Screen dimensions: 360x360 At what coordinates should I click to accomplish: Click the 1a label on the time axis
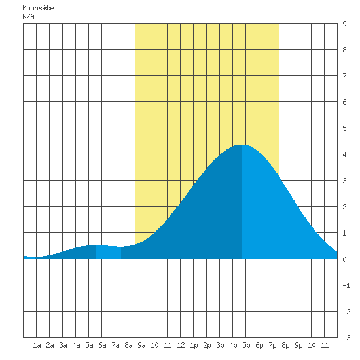tap(37, 345)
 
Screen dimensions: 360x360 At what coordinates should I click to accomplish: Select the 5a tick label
tap(89, 345)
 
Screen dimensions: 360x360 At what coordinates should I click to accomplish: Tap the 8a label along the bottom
tap(128, 345)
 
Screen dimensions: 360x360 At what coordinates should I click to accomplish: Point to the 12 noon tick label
tap(181, 345)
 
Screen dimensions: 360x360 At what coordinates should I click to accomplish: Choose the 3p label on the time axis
tap(220, 345)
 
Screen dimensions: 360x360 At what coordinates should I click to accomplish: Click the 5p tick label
tap(246, 345)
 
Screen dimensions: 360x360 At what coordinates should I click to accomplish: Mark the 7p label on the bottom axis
tap(272, 345)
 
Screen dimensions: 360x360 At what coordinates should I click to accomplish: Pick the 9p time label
tap(298, 345)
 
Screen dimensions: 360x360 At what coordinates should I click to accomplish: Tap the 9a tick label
tap(141, 345)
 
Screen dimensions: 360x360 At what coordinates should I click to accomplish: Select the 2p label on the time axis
tap(207, 345)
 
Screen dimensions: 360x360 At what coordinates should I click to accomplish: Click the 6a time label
tap(102, 345)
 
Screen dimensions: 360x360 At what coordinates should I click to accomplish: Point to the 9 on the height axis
tap(344, 24)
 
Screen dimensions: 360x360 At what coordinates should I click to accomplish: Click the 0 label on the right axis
tap(344, 259)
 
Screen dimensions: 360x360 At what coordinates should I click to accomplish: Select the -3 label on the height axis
tap(346, 338)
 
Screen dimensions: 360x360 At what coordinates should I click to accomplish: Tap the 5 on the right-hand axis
tap(344, 128)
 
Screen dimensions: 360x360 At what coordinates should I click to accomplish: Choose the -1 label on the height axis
tap(346, 285)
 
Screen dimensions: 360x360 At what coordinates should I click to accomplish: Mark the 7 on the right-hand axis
tap(344, 76)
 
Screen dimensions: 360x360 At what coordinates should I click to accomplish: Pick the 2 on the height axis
tap(344, 207)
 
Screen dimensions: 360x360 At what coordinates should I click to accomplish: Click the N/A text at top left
tap(28, 16)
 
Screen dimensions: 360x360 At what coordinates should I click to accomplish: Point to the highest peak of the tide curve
tap(242, 145)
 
